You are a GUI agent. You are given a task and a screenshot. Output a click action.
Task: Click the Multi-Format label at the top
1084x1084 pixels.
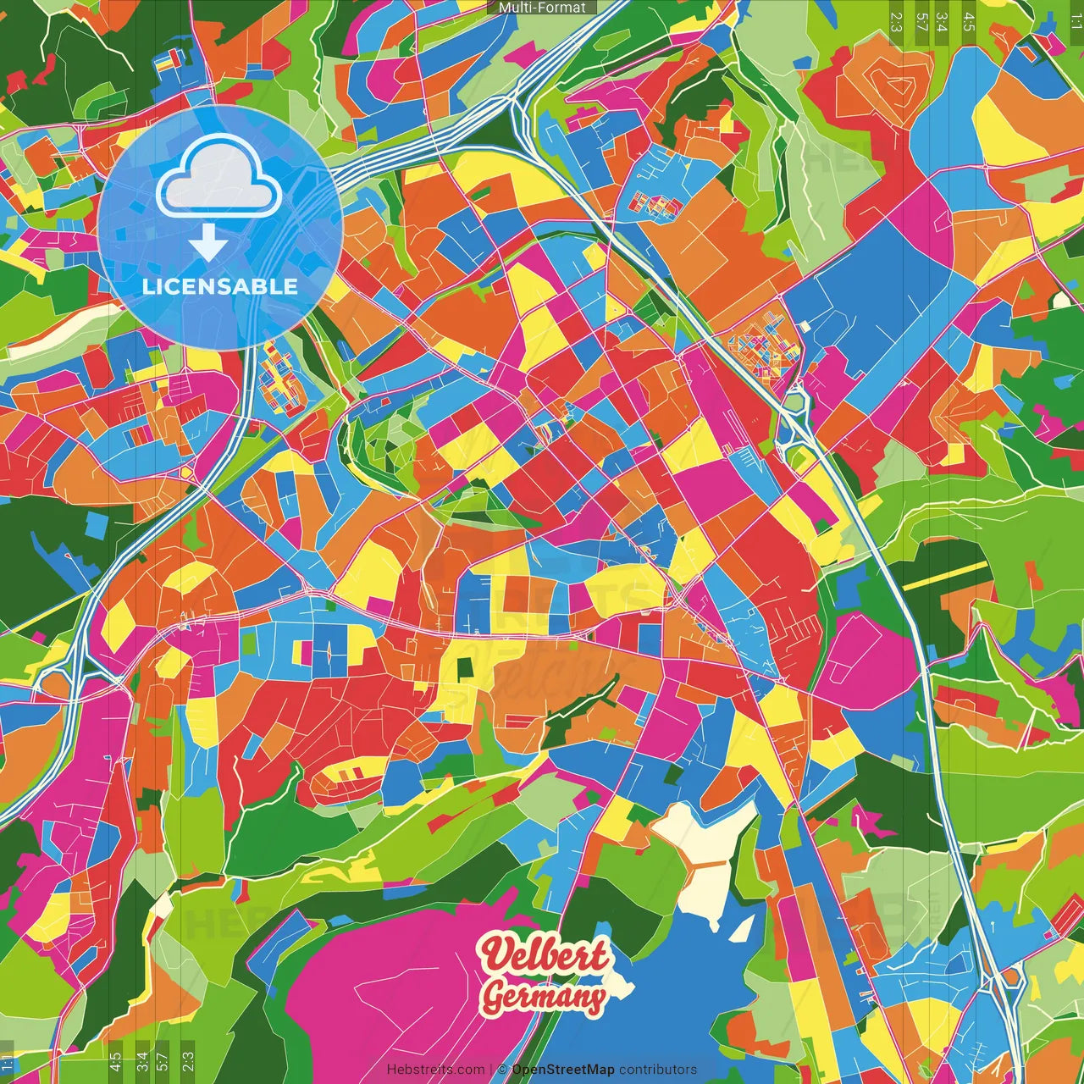click(542, 8)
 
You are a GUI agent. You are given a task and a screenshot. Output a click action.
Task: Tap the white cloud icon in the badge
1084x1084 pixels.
click(219, 179)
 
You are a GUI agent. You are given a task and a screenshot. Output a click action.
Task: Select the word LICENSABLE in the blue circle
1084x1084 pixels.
click(220, 286)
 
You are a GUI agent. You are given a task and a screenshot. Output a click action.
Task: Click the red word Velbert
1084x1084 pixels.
click(545, 956)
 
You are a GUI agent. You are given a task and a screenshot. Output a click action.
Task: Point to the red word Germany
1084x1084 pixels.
click(545, 998)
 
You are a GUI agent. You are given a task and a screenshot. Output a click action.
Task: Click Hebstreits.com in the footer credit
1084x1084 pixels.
click(435, 1070)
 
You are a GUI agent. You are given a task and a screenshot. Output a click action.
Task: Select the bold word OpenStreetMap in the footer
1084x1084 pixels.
click(562, 1070)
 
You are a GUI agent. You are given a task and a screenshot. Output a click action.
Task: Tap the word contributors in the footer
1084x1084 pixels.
click(657, 1070)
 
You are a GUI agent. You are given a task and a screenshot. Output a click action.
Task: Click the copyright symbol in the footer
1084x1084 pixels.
click(501, 1070)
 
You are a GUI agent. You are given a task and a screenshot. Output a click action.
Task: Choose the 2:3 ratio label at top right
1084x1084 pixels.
click(896, 20)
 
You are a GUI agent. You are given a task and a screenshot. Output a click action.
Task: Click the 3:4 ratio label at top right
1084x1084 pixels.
click(943, 20)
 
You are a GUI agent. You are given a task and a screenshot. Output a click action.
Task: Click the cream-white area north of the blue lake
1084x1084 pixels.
click(707, 855)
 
